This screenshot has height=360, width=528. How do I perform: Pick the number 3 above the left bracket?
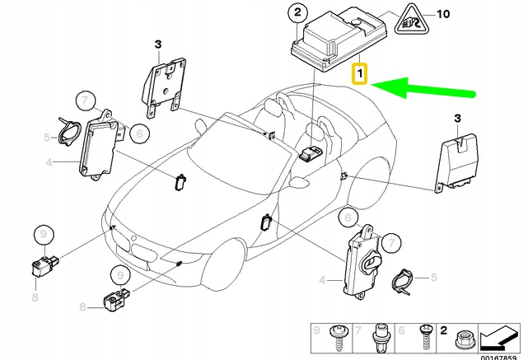[159, 43]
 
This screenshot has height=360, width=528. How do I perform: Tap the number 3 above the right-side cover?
[458, 120]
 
